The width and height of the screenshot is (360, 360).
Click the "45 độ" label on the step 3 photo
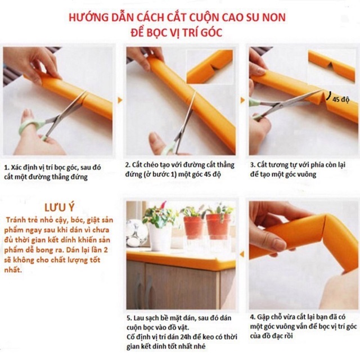click(341, 100)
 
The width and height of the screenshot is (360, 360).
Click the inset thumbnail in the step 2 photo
click(209, 66)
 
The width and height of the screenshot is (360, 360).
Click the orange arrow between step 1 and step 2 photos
click(119, 100)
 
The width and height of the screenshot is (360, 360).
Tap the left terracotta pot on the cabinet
click(193, 227)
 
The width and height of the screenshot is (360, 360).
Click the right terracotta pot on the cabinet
click(218, 225)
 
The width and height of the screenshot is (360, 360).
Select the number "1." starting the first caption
click(6, 167)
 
